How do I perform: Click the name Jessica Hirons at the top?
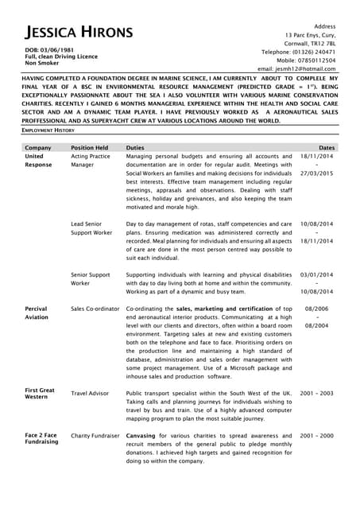click(78, 33)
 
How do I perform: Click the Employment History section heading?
click(48, 130)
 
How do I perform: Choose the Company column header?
click(38, 148)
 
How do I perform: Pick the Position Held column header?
click(89, 148)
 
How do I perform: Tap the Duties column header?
click(135, 148)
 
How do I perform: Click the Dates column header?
click(326, 148)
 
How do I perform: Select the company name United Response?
click(39, 161)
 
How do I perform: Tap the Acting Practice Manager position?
click(90, 161)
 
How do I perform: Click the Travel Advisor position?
click(90, 393)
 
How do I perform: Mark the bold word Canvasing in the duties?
click(141, 436)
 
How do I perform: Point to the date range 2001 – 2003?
click(317, 393)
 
